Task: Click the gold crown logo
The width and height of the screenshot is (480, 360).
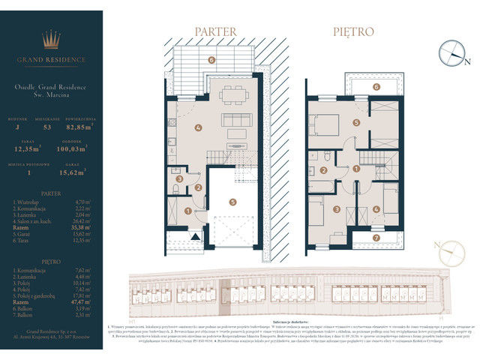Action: pyautogui.click(x=52, y=39)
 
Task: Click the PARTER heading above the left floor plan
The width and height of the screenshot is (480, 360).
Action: pyautogui.click(x=216, y=32)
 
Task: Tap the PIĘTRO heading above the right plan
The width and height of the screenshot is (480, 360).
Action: pyautogui.click(x=354, y=32)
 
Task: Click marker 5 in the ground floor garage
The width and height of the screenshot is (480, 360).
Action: pyautogui.click(x=233, y=201)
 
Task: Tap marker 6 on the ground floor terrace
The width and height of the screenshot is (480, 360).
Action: pyautogui.click(x=211, y=59)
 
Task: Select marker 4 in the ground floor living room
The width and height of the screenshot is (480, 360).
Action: pyautogui.click(x=196, y=127)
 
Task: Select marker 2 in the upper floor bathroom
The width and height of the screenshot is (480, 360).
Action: pyautogui.click(x=322, y=170)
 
